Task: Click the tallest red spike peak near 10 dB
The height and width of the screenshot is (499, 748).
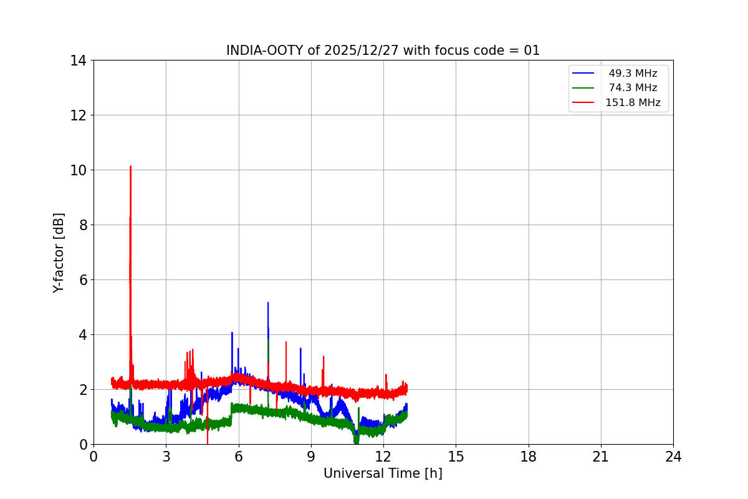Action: [x=130, y=167]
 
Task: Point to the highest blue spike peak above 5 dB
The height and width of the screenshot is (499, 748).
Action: [x=268, y=303]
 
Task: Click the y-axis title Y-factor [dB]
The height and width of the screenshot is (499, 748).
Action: [x=59, y=253]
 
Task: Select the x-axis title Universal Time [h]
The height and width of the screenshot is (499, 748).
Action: [x=383, y=473]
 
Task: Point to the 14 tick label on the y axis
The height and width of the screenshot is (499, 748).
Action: [x=78, y=61]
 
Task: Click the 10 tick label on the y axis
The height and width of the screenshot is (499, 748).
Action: [x=78, y=170]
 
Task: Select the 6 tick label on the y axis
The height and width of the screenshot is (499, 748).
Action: [x=82, y=280]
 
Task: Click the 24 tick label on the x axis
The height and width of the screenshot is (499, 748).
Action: [x=673, y=457]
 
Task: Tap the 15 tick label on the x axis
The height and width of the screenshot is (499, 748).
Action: [x=456, y=457]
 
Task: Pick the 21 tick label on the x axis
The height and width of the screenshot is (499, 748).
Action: [x=601, y=457]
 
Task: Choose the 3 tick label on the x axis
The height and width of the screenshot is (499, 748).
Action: [x=166, y=457]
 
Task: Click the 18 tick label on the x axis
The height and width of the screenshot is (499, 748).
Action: [x=529, y=457]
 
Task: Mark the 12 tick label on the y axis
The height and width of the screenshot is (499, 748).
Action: [x=78, y=115]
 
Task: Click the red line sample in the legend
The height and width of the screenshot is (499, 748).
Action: [x=583, y=102]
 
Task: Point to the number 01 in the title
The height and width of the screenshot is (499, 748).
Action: [x=532, y=51]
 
